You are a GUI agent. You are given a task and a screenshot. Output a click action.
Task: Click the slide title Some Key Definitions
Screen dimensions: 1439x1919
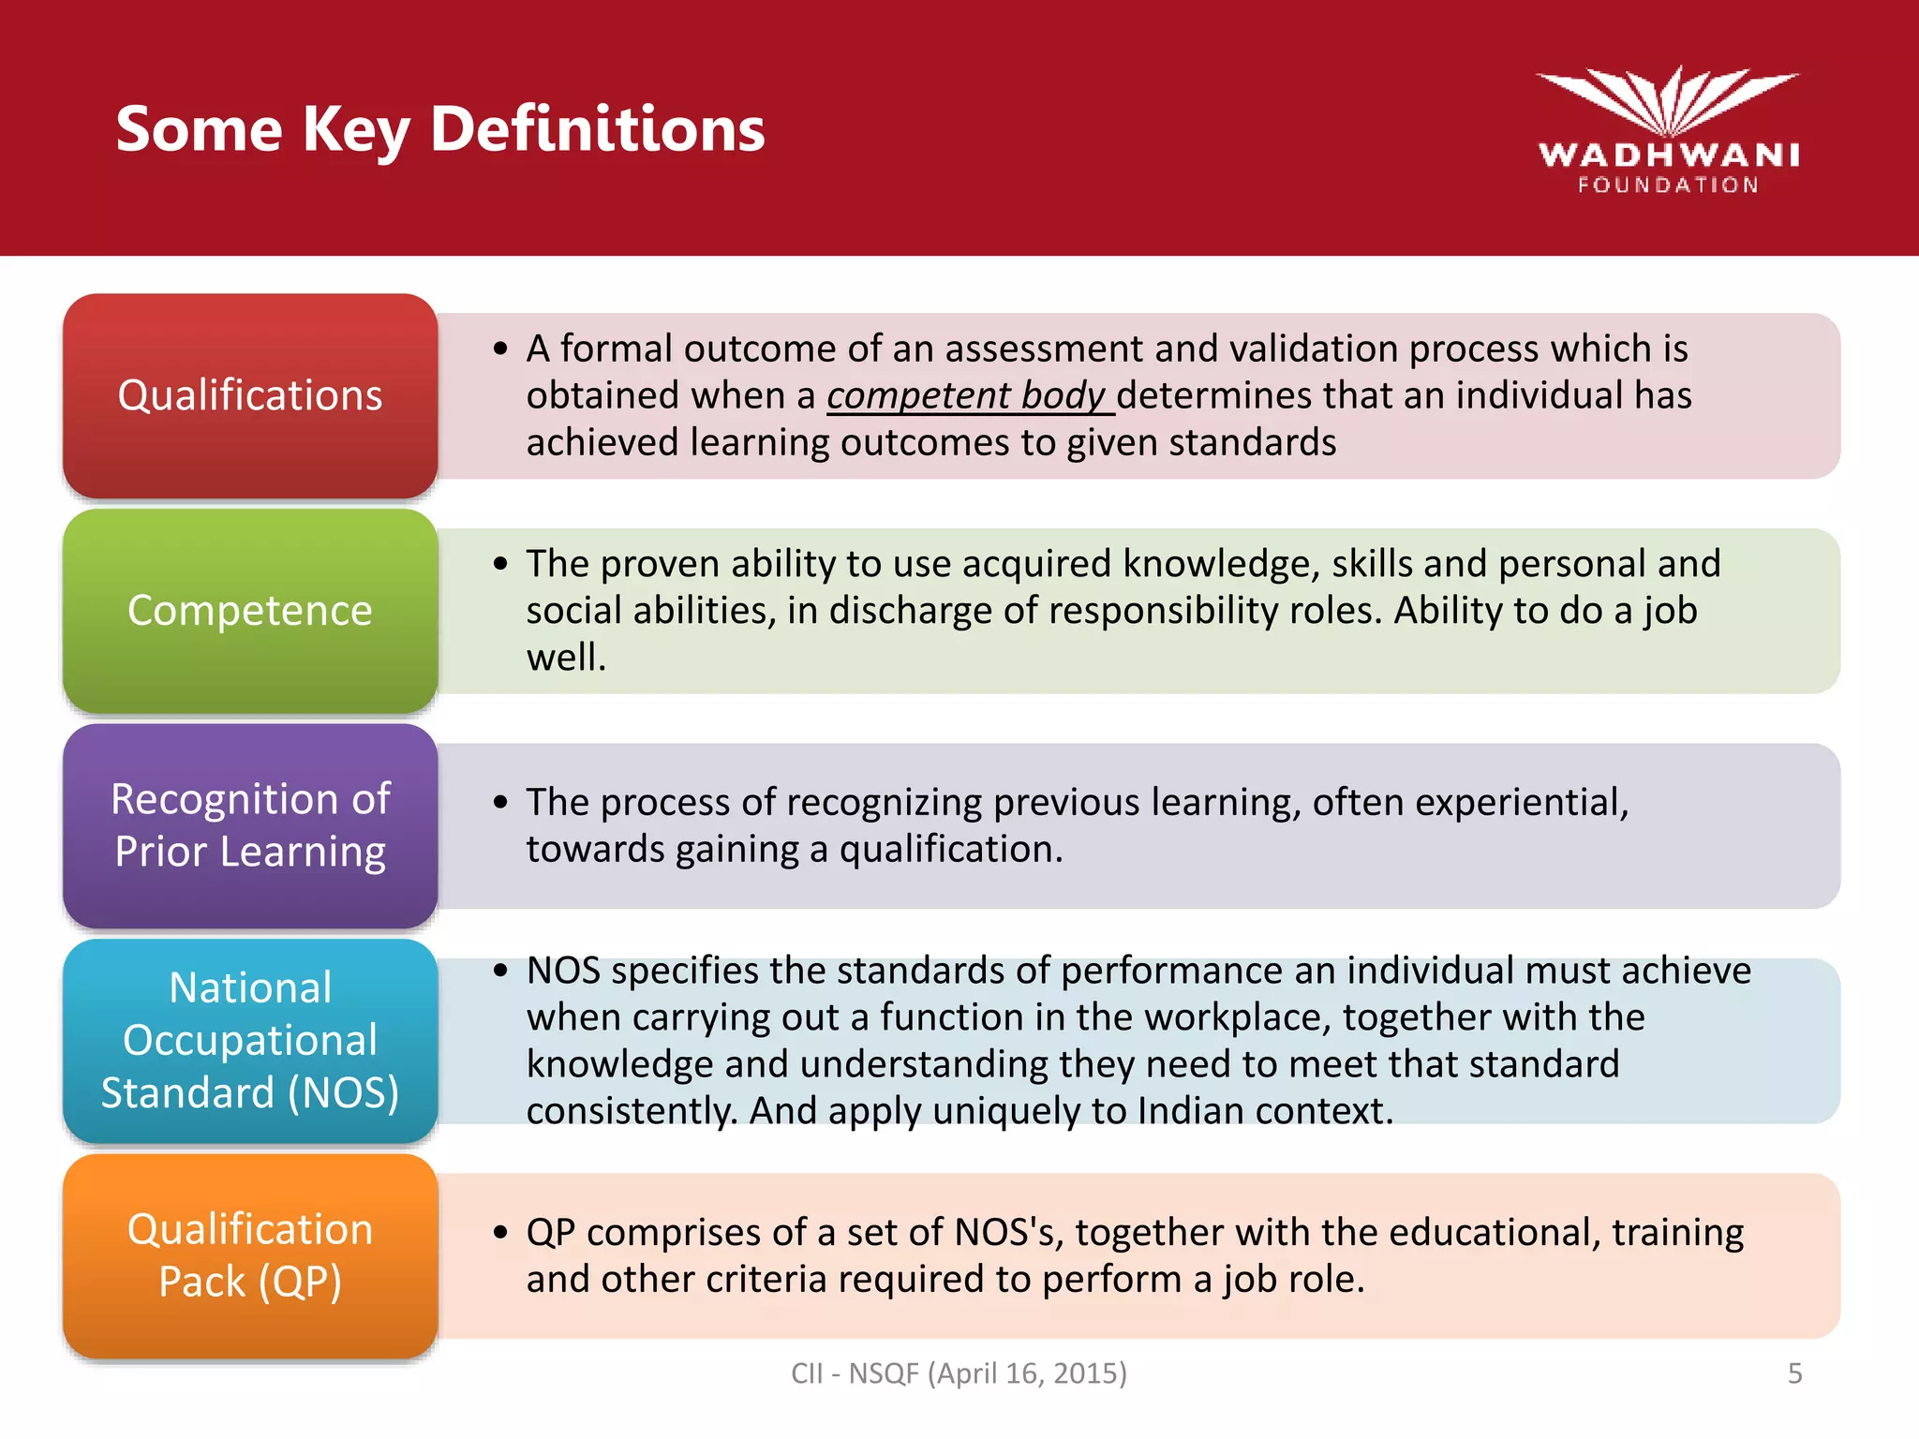(x=440, y=128)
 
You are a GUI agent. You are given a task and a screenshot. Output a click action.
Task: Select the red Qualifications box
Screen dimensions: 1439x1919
(x=250, y=395)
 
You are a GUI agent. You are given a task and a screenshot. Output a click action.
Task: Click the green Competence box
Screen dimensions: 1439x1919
(x=250, y=611)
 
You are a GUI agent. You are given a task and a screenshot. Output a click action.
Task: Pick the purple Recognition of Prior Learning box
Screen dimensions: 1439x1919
(x=250, y=825)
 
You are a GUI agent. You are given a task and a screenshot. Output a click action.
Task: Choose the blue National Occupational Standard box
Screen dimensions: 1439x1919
(x=250, y=1040)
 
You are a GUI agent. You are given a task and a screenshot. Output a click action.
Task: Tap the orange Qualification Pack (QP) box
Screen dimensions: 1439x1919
(x=250, y=1255)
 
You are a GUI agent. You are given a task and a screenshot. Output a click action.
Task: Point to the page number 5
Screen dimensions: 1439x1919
(x=1794, y=1373)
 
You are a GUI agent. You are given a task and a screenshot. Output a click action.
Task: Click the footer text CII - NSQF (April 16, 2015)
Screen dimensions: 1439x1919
(x=959, y=1373)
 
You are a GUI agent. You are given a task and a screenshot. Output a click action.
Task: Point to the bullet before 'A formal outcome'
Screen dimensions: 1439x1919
(x=501, y=349)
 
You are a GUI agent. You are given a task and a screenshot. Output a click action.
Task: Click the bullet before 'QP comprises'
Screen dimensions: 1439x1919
(x=501, y=1233)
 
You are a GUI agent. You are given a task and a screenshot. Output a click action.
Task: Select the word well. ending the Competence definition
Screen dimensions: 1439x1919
(x=566, y=658)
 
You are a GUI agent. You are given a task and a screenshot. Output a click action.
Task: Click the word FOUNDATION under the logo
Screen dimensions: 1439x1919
(x=1668, y=185)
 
